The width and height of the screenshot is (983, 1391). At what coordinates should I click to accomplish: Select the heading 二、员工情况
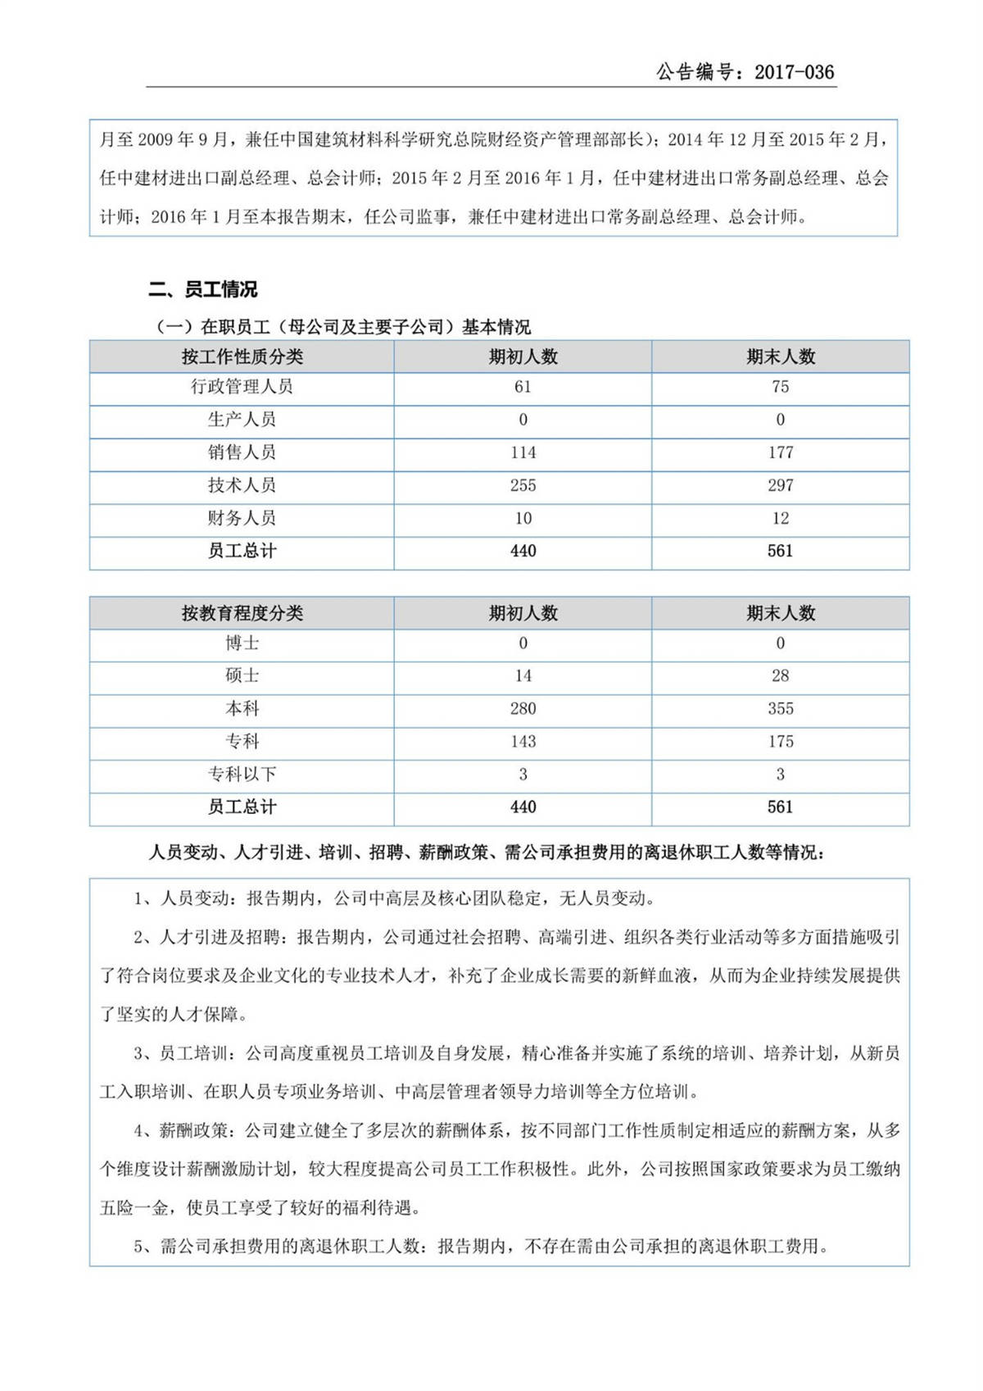click(x=202, y=289)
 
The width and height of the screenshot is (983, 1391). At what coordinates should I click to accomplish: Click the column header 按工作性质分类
click(x=242, y=357)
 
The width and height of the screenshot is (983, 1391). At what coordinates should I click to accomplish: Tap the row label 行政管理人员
click(x=242, y=387)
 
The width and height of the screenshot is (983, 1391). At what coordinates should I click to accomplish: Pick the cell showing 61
click(x=523, y=387)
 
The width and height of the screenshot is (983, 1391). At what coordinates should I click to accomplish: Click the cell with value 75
click(x=780, y=387)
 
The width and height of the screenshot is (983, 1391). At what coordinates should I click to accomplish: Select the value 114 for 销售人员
click(x=523, y=452)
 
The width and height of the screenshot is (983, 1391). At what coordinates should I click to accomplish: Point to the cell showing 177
click(x=780, y=452)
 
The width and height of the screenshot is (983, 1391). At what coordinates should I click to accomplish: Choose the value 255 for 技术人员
click(x=523, y=485)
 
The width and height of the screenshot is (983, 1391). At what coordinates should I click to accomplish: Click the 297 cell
click(x=780, y=485)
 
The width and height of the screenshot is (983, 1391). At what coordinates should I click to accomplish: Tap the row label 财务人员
click(x=242, y=518)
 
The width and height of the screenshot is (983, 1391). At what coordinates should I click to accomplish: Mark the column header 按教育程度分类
click(x=242, y=613)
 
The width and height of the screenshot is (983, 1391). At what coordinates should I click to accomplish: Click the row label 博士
click(x=242, y=643)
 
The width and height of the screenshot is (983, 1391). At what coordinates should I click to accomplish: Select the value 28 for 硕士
click(x=780, y=676)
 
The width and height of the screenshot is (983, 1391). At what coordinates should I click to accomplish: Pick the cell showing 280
click(x=523, y=709)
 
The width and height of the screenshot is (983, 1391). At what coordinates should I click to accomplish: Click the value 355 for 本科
click(x=780, y=709)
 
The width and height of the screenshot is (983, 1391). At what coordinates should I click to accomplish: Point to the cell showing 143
click(x=523, y=742)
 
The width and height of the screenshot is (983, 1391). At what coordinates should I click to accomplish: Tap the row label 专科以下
click(x=242, y=775)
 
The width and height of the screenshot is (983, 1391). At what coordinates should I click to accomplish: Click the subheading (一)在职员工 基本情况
click(x=343, y=327)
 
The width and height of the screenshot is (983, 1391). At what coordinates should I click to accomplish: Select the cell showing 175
click(x=780, y=742)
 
